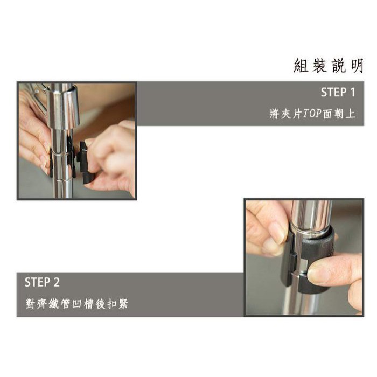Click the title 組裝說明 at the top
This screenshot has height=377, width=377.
(x=329, y=66)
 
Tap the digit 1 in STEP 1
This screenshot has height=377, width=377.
(x=353, y=92)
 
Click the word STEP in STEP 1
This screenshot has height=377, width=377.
(x=334, y=92)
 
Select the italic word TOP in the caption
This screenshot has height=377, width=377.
(x=312, y=113)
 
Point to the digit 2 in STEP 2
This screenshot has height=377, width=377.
(x=57, y=282)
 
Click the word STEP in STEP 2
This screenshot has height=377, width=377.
(x=38, y=282)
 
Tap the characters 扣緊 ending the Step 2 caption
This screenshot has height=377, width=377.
(x=117, y=304)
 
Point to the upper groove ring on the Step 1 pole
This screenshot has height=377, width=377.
(x=61, y=154)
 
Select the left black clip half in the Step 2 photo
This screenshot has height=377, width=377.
(x=289, y=260)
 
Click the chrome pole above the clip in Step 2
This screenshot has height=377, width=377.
(x=311, y=215)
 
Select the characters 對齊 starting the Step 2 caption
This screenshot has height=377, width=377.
(x=36, y=304)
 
